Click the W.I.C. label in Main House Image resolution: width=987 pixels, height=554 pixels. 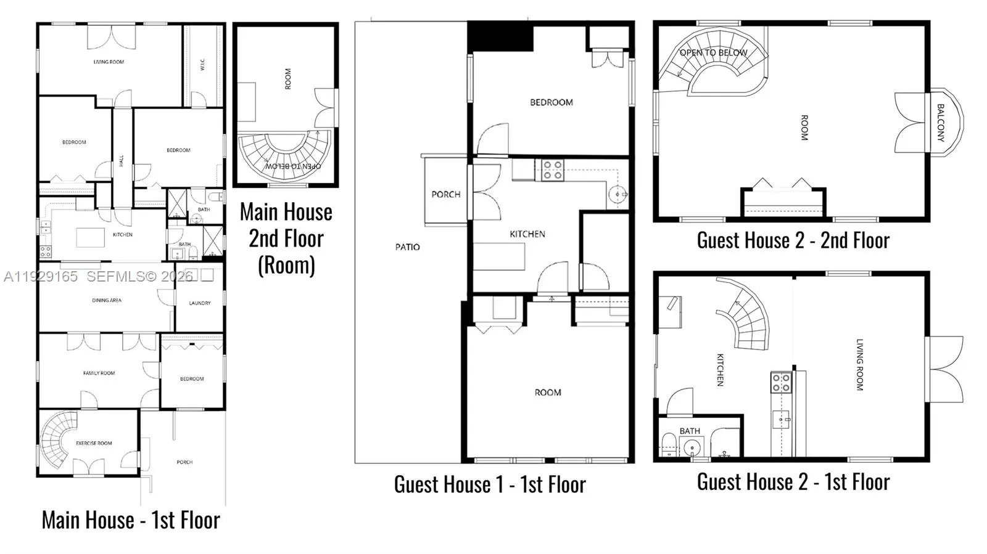(202, 64)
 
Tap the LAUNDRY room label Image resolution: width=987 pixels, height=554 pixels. (199, 303)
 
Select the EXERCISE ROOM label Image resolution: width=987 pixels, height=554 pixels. (94, 443)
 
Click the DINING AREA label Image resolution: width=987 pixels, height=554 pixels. (107, 300)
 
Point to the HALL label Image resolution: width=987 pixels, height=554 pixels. (122, 160)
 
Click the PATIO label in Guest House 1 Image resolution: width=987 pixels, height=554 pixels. (407, 247)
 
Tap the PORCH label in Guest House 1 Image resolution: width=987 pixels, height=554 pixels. (445, 194)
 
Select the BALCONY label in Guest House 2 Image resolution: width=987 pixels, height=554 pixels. (940, 123)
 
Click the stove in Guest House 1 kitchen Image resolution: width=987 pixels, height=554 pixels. (552, 170)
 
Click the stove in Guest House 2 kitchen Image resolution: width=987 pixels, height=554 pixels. (781, 383)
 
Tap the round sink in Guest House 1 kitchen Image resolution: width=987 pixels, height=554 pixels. (617, 195)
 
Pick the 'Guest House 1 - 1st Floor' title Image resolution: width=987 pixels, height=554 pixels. (490, 484)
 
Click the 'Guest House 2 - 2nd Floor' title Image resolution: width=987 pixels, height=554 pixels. (793, 240)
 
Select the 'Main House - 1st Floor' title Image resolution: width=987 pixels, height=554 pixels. (130, 520)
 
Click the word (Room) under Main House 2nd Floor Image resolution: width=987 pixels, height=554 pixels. (286, 265)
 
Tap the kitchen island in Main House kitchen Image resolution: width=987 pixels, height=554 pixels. (90, 237)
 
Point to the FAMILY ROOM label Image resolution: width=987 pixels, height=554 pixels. (99, 373)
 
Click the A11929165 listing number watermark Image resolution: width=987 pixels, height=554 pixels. (41, 277)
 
